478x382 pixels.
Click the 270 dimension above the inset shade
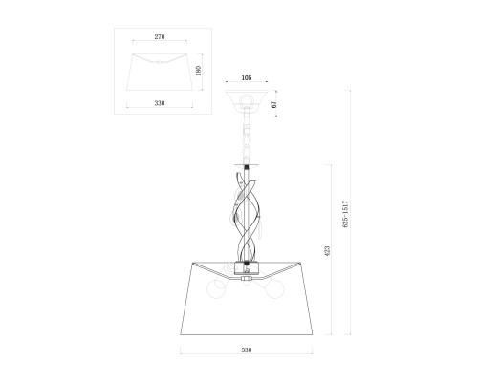160,37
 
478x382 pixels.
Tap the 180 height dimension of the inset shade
198,71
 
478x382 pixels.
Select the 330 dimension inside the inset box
160,103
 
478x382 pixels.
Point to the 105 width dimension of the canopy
247,77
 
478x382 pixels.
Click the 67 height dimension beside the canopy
273,103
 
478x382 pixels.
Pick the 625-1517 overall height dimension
346,214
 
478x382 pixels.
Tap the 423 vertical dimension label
327,251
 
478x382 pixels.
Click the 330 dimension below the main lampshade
247,350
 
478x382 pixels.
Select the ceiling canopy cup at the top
247,99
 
